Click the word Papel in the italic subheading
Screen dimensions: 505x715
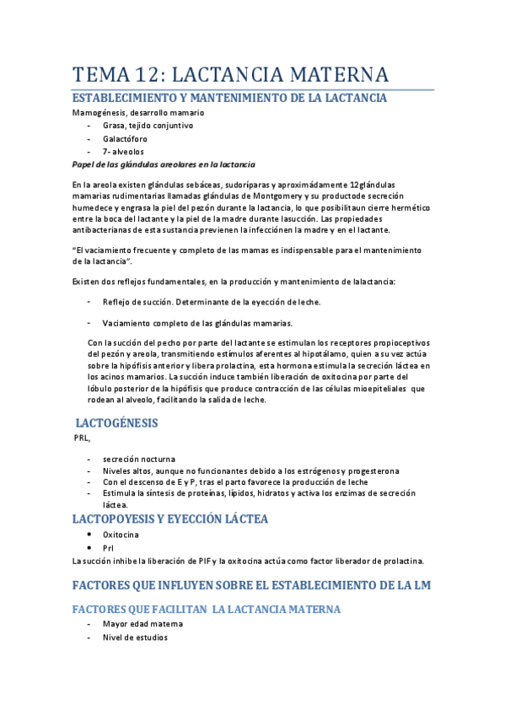tap(85, 164)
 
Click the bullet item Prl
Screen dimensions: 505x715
tap(109, 547)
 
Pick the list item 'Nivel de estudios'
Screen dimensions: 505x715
tap(135, 637)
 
